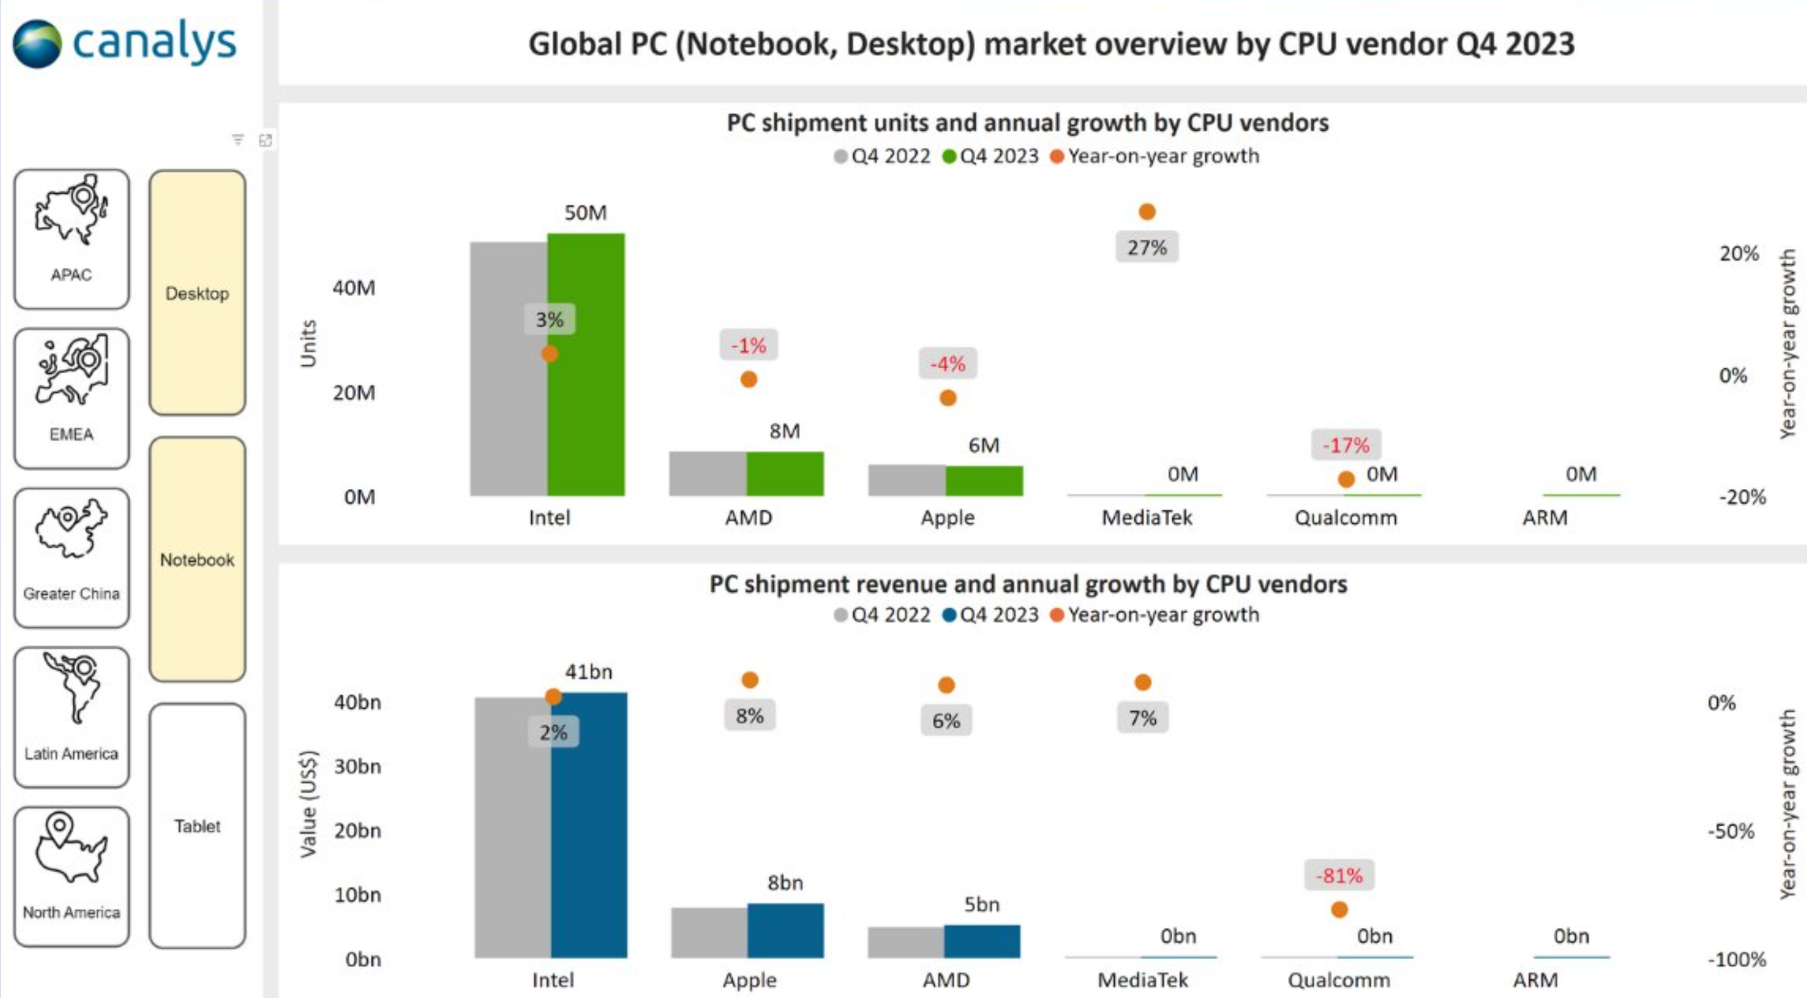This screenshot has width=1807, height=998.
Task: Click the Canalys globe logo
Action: coord(37,44)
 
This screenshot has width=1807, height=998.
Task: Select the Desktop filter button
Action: coord(197,292)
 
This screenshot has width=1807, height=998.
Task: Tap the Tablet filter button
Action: coord(197,826)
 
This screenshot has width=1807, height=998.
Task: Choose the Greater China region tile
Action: coord(71,558)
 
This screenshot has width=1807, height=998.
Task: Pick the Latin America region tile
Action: coord(71,717)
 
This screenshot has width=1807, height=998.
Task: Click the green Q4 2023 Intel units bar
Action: coord(586,364)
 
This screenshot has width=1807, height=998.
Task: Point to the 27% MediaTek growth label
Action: coord(1146,247)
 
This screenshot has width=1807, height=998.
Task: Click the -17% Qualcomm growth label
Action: coord(1345,445)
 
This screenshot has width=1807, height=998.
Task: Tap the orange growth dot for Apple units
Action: coord(947,399)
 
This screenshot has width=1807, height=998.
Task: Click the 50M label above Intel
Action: coord(585,212)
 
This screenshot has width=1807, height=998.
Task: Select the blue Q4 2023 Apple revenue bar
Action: coord(785,930)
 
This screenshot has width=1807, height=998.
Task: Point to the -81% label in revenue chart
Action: coord(1338,875)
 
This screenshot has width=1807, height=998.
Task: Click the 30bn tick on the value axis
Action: coord(357,766)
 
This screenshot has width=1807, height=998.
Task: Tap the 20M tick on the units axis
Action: coord(354,392)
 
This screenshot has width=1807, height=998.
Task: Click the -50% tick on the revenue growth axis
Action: coord(1731,831)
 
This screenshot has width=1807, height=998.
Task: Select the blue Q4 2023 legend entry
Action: coord(990,615)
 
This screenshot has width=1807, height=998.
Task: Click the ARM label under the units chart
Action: coord(1544,517)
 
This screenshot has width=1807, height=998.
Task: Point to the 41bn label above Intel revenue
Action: coord(589,672)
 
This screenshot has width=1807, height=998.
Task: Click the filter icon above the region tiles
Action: coord(238,140)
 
